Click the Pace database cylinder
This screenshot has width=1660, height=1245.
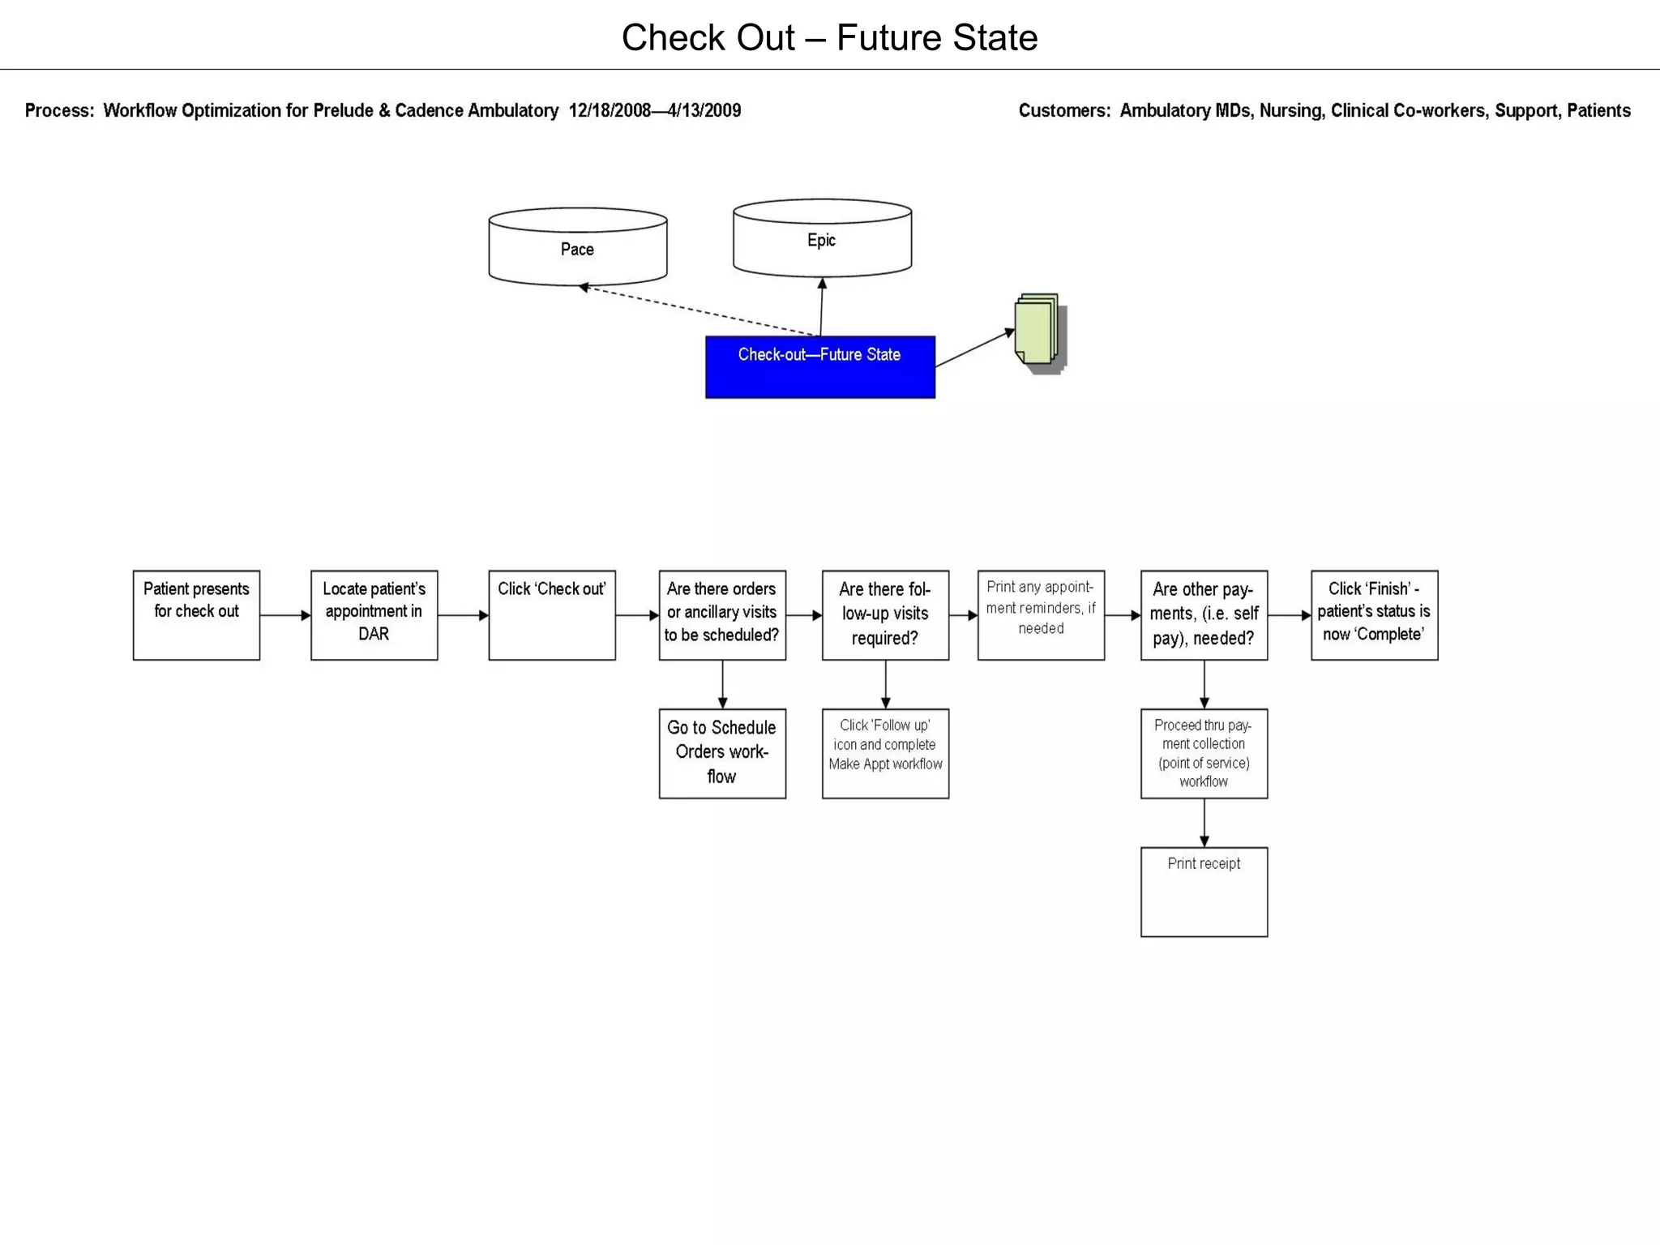pyautogui.click(x=577, y=248)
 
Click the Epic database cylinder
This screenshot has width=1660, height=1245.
pyautogui.click(x=822, y=239)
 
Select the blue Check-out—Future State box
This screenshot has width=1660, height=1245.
pyautogui.click(x=819, y=367)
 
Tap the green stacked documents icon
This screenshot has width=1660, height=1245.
pyautogui.click(x=1039, y=332)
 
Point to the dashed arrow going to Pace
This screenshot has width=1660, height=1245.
pyautogui.click(x=697, y=310)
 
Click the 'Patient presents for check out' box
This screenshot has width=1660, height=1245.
pyautogui.click(x=196, y=615)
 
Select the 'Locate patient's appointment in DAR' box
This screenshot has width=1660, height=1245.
pyautogui.click(x=374, y=615)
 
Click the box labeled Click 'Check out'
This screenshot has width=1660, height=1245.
pyautogui.click(x=551, y=615)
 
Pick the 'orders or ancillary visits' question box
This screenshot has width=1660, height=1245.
pyautogui.click(x=721, y=615)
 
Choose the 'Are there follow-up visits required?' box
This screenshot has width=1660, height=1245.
pyautogui.click(x=885, y=615)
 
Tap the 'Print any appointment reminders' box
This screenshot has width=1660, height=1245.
pyautogui.click(x=1041, y=615)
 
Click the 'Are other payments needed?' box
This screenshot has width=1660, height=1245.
pyautogui.click(x=1204, y=615)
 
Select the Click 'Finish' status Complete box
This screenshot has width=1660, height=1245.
pyautogui.click(x=1374, y=615)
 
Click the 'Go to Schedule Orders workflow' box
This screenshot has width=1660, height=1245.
pyautogui.click(x=721, y=753)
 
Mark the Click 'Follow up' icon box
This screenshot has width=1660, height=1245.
pyautogui.click(x=885, y=753)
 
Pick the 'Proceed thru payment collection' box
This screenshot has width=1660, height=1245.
pyautogui.click(x=1204, y=753)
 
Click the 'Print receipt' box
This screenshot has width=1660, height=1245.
pyautogui.click(x=1204, y=892)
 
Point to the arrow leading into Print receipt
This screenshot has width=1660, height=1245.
pyautogui.click(x=1204, y=824)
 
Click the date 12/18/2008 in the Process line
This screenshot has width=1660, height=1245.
pyautogui.click(x=609, y=111)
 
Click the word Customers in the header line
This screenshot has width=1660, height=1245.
pyautogui.click(x=1063, y=111)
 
